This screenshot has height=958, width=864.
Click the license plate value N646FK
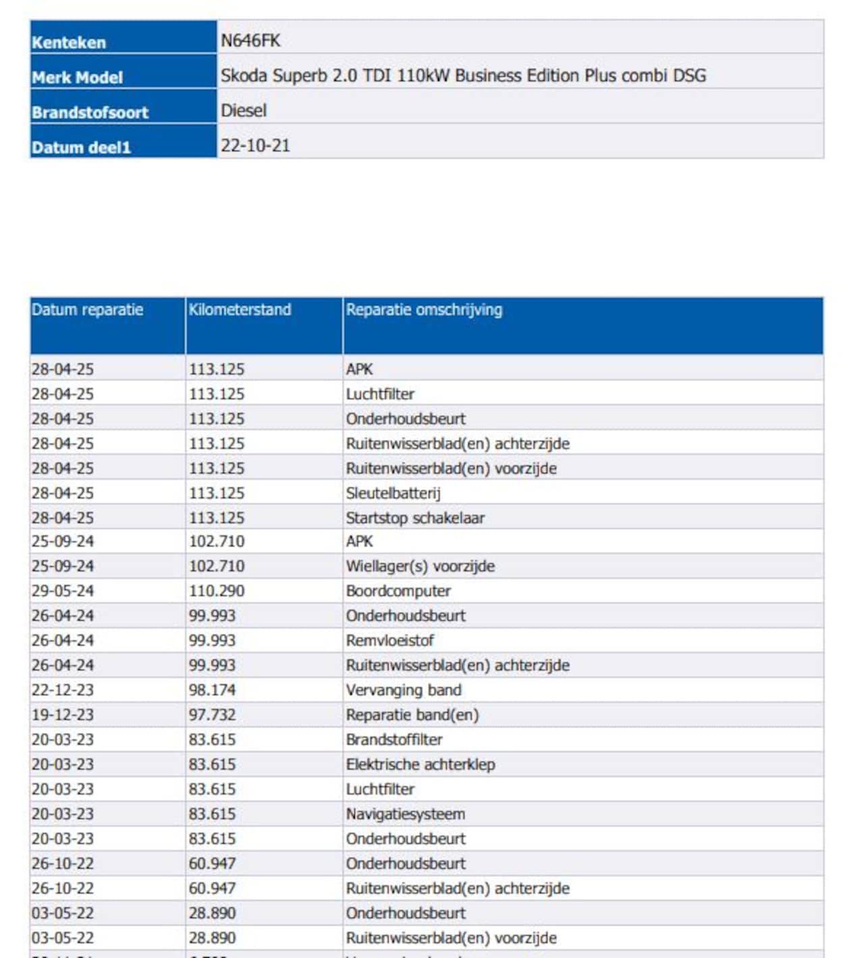pyautogui.click(x=250, y=41)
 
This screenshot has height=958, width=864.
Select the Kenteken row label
pyautogui.click(x=69, y=43)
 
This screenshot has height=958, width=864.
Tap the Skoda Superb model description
pyautogui.click(x=463, y=76)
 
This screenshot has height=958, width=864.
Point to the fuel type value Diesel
pyautogui.click(x=244, y=111)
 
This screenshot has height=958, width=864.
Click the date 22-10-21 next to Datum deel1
pyautogui.click(x=255, y=146)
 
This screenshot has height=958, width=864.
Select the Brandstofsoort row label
pyautogui.click(x=90, y=113)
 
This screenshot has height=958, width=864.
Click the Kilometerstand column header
pyautogui.click(x=240, y=310)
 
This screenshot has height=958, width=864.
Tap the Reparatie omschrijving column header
pyautogui.click(x=424, y=310)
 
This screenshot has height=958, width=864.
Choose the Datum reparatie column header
pyautogui.click(x=87, y=310)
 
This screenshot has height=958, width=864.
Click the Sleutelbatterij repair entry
pyautogui.click(x=394, y=493)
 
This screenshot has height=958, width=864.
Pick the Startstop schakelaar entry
pyautogui.click(x=415, y=518)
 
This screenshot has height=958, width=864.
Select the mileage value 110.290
pyautogui.click(x=217, y=591)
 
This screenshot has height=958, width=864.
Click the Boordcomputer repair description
pyautogui.click(x=398, y=591)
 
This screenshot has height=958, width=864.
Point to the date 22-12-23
pyautogui.click(x=63, y=690)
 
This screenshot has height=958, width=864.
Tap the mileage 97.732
pyautogui.click(x=212, y=715)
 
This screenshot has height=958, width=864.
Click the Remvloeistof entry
pyautogui.click(x=390, y=640)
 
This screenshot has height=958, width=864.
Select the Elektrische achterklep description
pyautogui.click(x=421, y=765)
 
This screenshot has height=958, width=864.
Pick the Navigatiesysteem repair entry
pyautogui.click(x=406, y=814)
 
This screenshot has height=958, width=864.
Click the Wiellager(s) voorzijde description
pyautogui.click(x=421, y=566)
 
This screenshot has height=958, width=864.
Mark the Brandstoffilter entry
pyautogui.click(x=394, y=740)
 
